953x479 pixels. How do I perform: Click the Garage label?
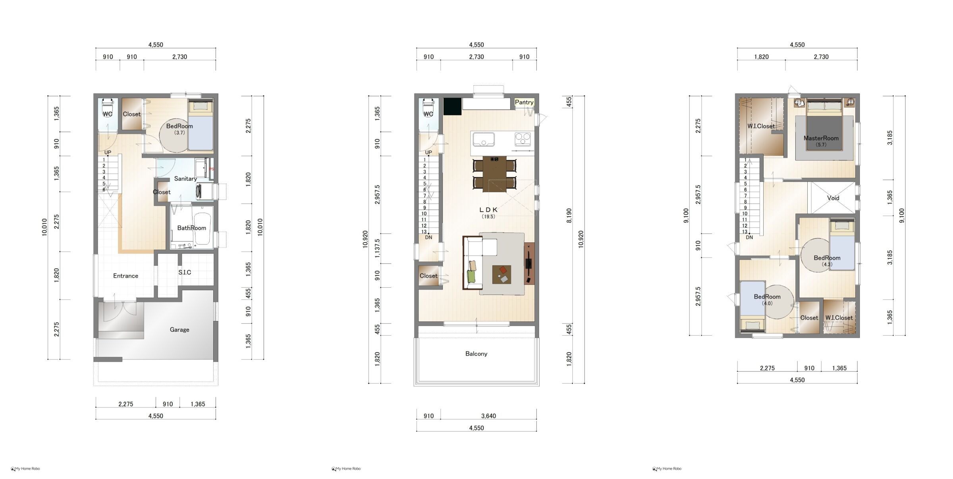pos(179,329)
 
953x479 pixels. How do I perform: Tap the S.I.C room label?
pos(185,272)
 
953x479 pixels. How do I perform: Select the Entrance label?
pos(125,276)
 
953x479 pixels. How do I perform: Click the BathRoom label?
pos(191,228)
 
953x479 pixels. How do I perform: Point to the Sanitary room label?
pos(185,179)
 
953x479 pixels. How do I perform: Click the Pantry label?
pos(524,102)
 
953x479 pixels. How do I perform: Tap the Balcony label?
pos(476,354)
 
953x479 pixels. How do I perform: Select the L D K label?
pos(488,210)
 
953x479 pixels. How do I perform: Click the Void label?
pos(833,198)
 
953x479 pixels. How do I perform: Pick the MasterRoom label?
pos(821,138)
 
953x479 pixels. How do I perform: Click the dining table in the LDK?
pos(494,174)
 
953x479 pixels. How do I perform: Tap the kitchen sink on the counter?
pos(483,140)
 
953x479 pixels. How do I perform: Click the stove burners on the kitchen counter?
pos(523,139)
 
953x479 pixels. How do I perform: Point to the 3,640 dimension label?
pos(488,416)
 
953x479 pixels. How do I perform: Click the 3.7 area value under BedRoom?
pos(179,133)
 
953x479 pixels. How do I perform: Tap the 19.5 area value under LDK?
pos(488,217)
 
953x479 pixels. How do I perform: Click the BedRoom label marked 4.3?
pos(827,258)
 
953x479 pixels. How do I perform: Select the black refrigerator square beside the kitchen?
pos(452,106)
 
